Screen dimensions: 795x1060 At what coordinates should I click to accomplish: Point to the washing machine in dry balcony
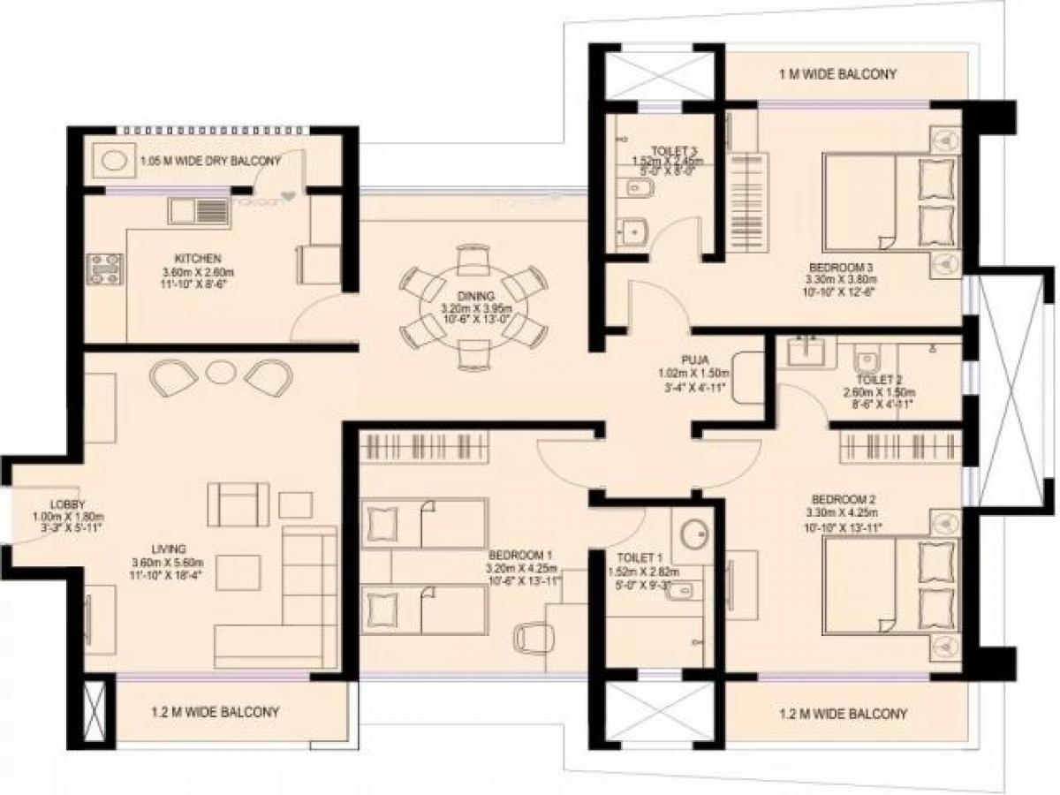point(112,161)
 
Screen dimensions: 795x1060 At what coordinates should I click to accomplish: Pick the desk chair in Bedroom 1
point(532,637)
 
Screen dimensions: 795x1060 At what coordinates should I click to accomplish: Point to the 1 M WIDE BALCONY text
point(837,74)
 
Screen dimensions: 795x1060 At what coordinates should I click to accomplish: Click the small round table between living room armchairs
point(217,372)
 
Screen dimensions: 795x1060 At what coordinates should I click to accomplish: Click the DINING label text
point(475,296)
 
